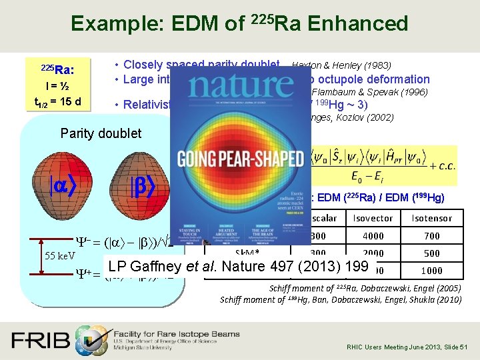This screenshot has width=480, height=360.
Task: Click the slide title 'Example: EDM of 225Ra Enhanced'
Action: pyautogui.click(x=239, y=24)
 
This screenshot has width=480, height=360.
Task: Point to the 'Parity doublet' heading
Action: pyautogui.click(x=101, y=133)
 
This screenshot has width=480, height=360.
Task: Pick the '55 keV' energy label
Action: pyautogui.click(x=50, y=255)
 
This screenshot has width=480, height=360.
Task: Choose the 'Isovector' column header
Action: pyautogui.click(x=373, y=218)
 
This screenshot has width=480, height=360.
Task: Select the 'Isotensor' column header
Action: pyautogui.click(x=431, y=218)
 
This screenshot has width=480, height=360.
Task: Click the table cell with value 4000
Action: pyautogui.click(x=373, y=235)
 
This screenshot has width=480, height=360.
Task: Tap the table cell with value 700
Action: pyautogui.click(x=431, y=235)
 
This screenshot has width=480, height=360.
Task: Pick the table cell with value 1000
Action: pyautogui.click(x=431, y=271)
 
